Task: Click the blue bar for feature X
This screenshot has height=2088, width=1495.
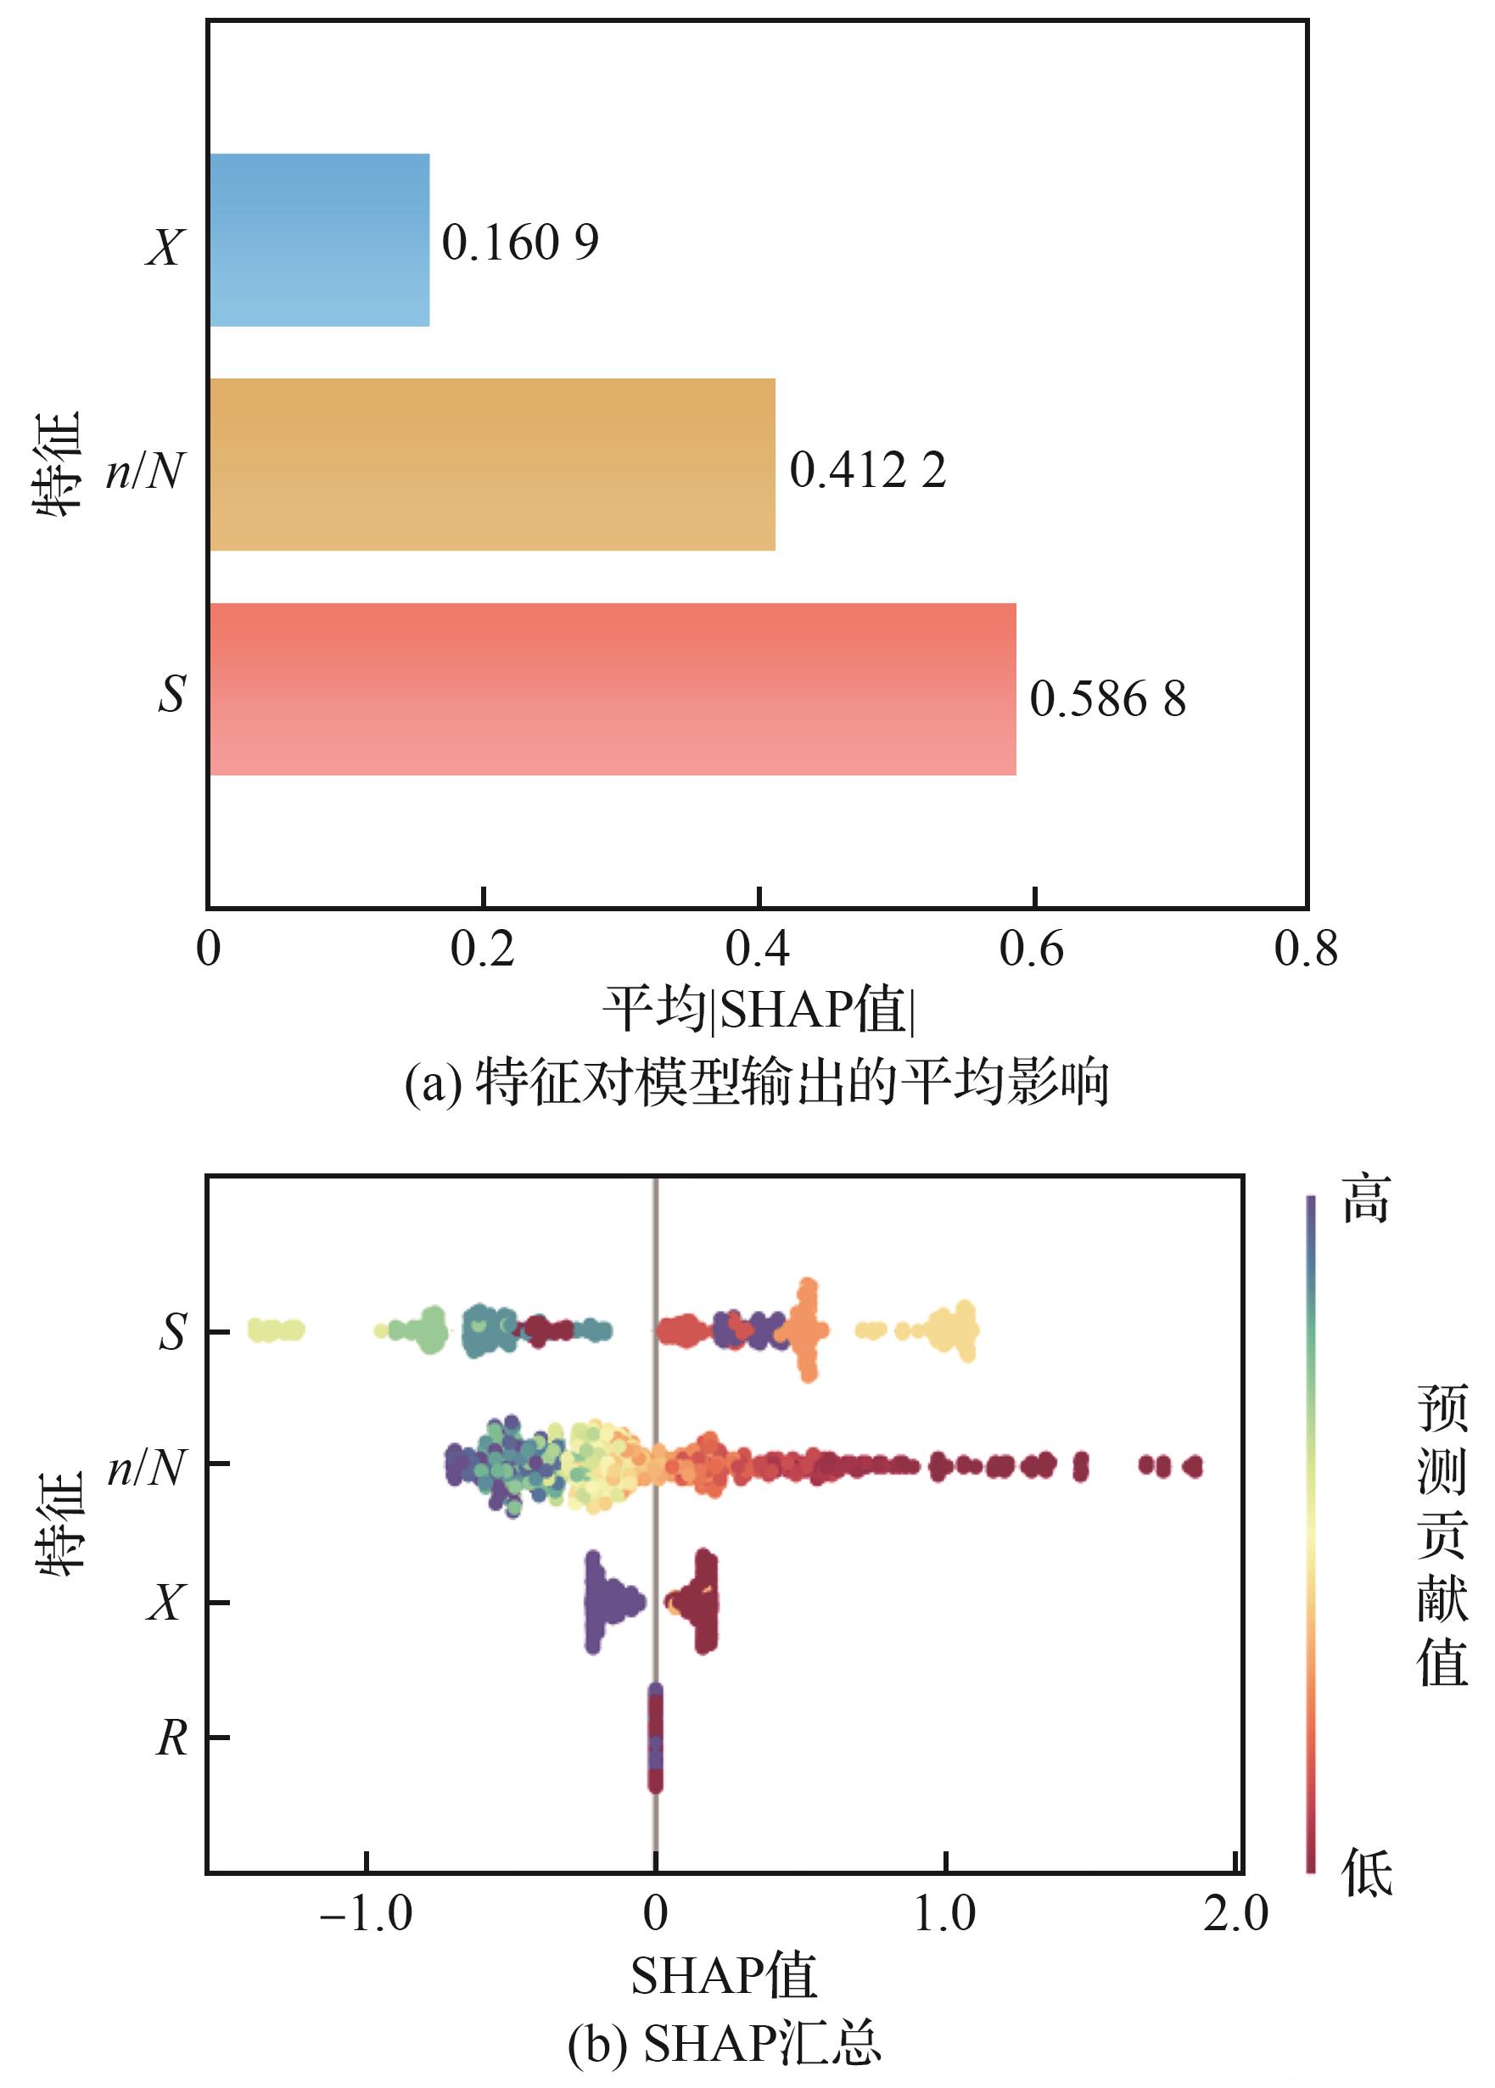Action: click(x=319, y=240)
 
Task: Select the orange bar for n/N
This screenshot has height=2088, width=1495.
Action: click(x=492, y=465)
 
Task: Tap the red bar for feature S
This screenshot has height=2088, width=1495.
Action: click(x=613, y=690)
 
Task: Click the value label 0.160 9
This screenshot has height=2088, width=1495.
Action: click(x=520, y=243)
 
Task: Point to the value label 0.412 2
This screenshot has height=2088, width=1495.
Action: click(x=867, y=469)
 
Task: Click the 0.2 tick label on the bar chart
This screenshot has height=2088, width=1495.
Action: click(x=483, y=949)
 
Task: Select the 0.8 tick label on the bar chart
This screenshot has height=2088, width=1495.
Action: click(x=1305, y=949)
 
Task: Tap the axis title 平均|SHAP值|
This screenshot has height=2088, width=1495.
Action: click(x=759, y=1010)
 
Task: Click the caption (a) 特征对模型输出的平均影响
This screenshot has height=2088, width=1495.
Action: click(x=757, y=1082)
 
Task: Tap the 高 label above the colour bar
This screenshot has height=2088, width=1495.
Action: click(x=1365, y=1200)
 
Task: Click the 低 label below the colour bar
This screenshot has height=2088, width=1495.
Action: click(x=1366, y=1872)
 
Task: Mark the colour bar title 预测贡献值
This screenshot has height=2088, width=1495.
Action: click(x=1442, y=1535)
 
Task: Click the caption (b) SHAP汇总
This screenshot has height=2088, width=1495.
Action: click(x=725, y=2044)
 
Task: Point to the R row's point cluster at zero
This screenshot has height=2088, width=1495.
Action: click(x=654, y=1738)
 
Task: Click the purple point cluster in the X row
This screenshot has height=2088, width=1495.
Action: click(x=608, y=1602)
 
